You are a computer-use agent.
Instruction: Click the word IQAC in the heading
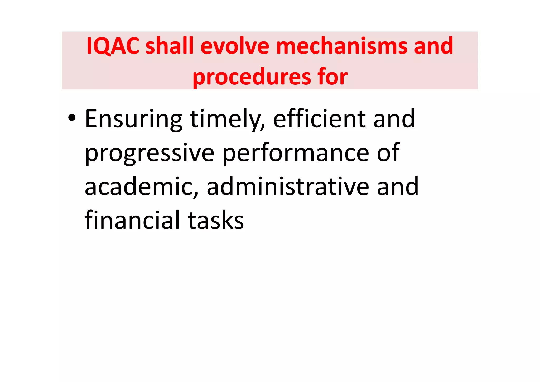point(113,46)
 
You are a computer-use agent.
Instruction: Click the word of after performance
point(388,153)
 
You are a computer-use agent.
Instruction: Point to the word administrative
point(288,187)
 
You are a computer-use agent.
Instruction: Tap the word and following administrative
point(398,187)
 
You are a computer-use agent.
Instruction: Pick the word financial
point(132,220)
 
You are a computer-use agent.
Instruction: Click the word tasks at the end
point(216,221)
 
